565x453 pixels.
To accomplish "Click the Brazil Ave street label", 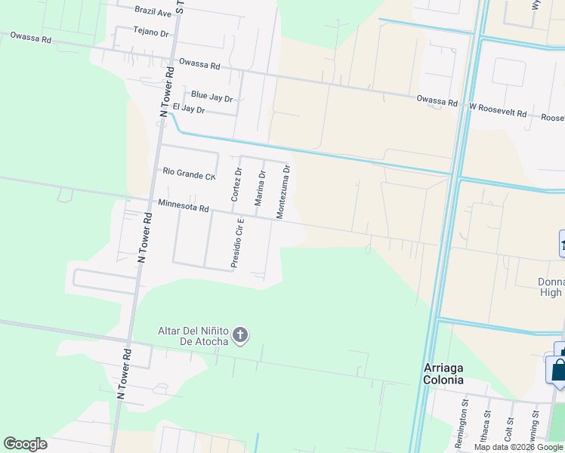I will click(153, 12).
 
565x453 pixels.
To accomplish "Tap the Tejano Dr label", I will click(150, 32).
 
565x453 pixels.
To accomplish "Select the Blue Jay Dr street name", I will click(211, 97).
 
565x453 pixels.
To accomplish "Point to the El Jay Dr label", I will click(189, 109).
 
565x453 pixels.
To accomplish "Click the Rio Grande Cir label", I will click(190, 174).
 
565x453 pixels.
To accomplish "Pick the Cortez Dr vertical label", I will click(236, 185).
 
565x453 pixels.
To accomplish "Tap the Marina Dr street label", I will click(259, 188).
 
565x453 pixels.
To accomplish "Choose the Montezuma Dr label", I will click(282, 192).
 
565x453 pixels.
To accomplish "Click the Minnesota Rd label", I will click(183, 205).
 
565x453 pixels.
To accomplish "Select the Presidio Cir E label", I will click(237, 243).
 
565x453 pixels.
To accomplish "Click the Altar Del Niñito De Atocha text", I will click(193, 336).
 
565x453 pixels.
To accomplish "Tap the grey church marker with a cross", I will click(240, 335).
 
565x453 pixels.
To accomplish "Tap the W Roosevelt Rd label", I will click(498, 110).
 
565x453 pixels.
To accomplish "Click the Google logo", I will click(25, 444).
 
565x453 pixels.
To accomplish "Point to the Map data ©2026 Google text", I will click(518, 447).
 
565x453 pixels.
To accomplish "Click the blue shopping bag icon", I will click(557, 369).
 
